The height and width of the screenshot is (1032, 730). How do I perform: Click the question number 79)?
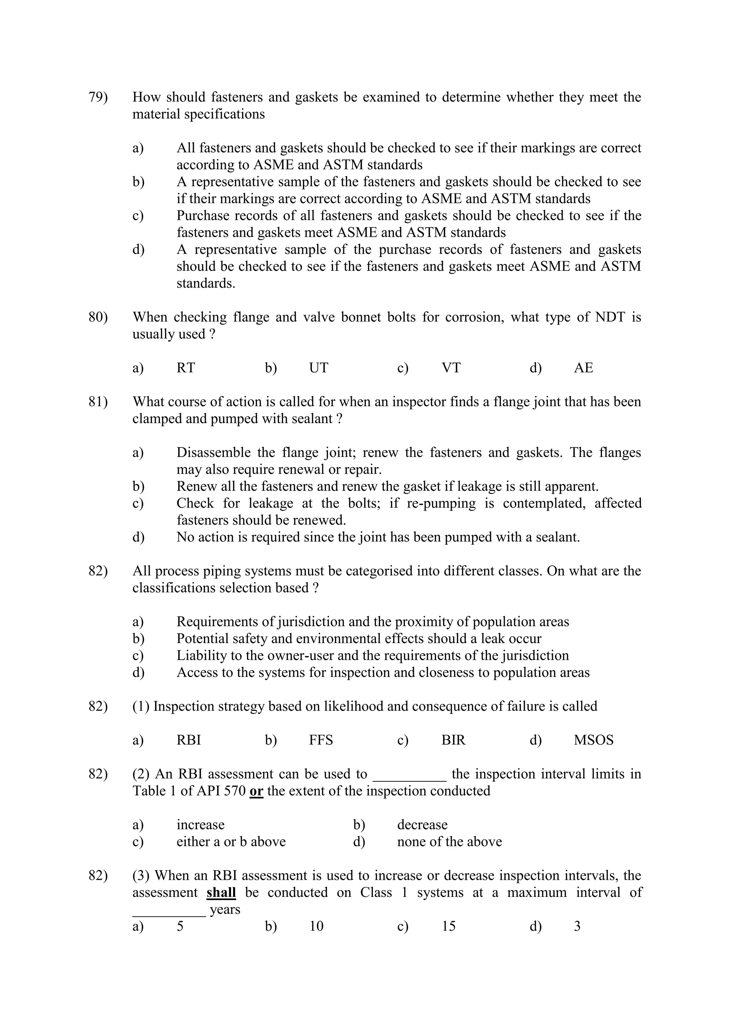point(98,97)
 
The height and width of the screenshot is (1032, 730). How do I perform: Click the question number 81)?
point(98,402)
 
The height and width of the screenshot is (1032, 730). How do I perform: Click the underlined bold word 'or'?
point(256,791)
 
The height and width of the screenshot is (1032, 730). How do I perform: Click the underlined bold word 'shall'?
point(221,893)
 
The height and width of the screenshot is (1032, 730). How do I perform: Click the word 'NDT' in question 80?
point(610,317)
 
